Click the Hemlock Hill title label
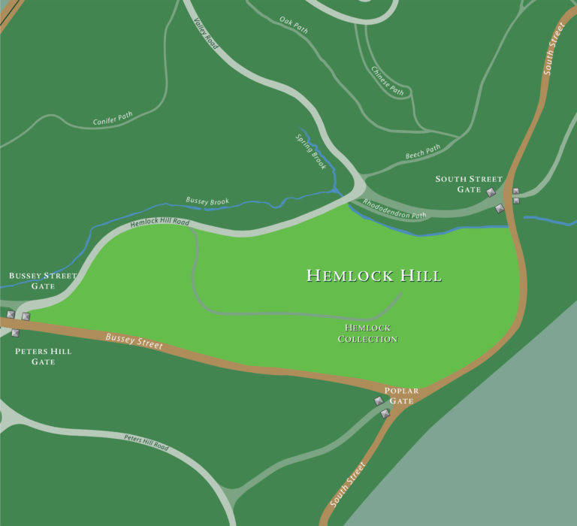(373, 276)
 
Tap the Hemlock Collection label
(367, 333)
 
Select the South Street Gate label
(469, 184)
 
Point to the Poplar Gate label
(400, 396)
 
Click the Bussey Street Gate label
(43, 281)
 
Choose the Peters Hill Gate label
(43, 356)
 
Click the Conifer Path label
(113, 119)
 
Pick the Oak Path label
(294, 25)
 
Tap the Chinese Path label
(388, 80)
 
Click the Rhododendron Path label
(394, 210)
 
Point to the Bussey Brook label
(207, 201)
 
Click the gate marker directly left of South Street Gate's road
(491, 192)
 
